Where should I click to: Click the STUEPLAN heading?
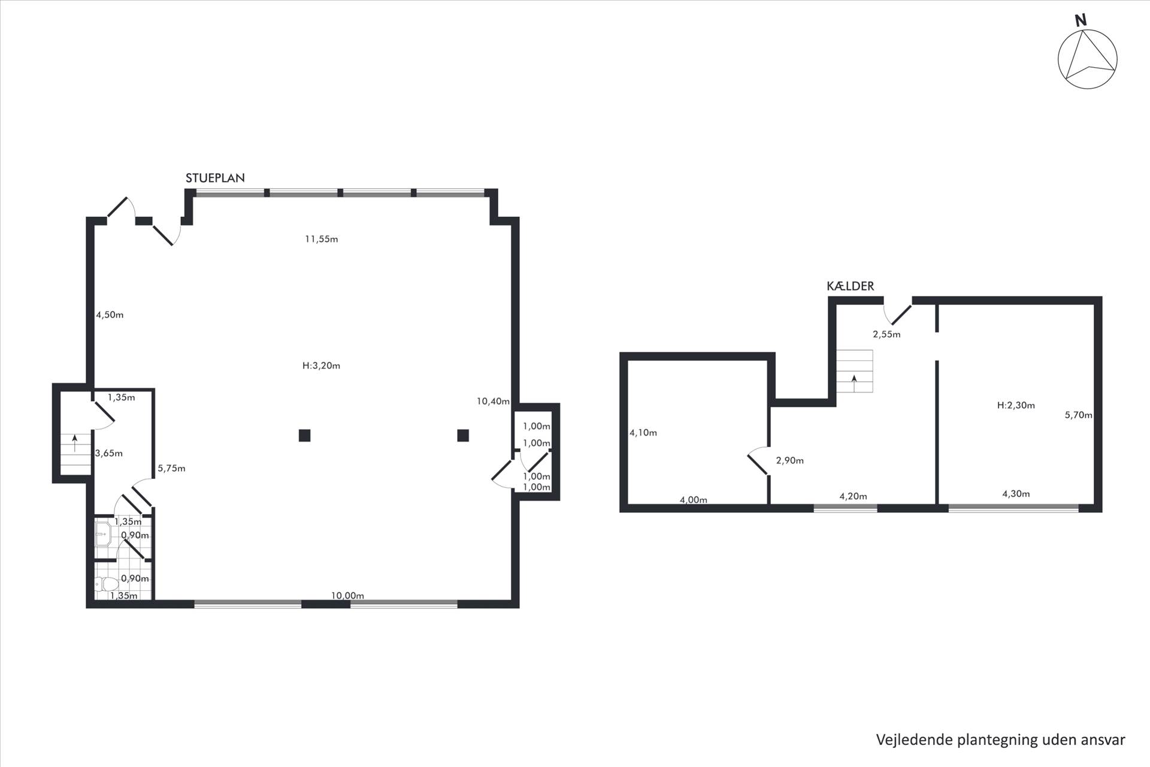pos(215,178)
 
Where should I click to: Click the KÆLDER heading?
pos(851,286)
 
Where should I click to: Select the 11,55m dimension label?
pos(322,239)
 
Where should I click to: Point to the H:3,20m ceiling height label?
pos(322,366)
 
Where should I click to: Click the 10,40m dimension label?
pos(493,401)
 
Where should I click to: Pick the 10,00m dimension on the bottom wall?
pos(348,596)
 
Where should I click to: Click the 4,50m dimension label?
pos(110,315)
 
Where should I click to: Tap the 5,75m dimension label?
pos(171,469)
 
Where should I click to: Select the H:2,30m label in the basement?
pos(1016,405)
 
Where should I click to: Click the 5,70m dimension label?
pos(1078,415)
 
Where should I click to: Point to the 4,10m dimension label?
pos(643,433)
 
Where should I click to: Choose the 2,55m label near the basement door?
pos(886,334)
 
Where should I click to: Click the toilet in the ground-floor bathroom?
pos(106,584)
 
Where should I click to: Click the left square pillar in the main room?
pos(304,436)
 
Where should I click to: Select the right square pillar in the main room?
pos(462,436)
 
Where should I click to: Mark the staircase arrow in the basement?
pos(854,382)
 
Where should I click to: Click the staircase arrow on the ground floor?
pos(74,443)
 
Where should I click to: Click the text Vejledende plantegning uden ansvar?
pos(1001,740)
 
